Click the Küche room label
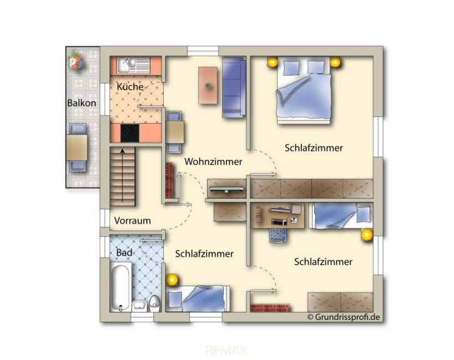coord(130,86)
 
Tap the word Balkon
coord(82,102)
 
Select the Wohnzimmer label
coord(213,161)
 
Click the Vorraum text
coord(133,221)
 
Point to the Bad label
coord(124,252)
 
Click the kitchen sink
coord(133,66)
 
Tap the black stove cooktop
coord(129,133)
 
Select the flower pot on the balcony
coord(76,60)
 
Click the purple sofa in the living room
coord(234,87)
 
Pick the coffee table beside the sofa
coord(208,86)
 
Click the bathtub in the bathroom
coord(121,287)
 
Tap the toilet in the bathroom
coord(155,304)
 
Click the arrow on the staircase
coord(123,175)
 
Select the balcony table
coord(77,147)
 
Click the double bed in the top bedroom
coord(304,90)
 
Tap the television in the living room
coord(226,189)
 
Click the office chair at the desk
coord(278,236)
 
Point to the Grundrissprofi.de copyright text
coord(343,317)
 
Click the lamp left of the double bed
coord(273,62)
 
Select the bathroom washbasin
coord(140,306)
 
